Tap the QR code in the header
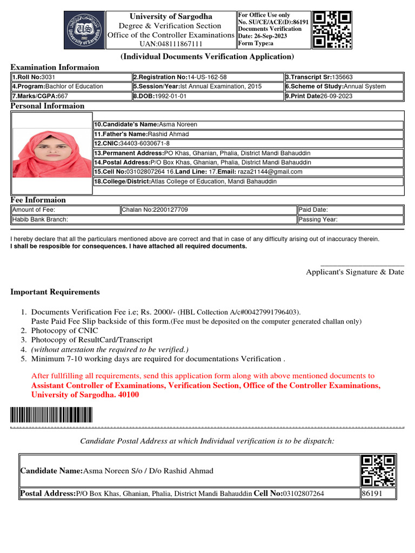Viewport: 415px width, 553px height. (x=332, y=29)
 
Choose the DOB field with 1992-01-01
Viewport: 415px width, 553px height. (x=207, y=96)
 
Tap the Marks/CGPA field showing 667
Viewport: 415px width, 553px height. (x=71, y=96)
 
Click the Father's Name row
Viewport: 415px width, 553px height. (x=248, y=134)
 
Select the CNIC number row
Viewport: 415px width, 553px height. (x=248, y=143)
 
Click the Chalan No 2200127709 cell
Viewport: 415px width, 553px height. (x=208, y=210)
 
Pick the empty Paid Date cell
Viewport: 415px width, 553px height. (x=350, y=210)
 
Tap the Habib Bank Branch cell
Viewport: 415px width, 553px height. (x=153, y=220)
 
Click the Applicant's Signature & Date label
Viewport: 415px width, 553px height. (x=354, y=272)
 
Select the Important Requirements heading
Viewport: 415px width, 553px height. (x=55, y=292)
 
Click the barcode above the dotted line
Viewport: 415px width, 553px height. (x=51, y=415)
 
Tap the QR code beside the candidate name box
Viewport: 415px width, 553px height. (x=378, y=470)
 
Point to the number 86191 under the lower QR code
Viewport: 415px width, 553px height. (x=372, y=494)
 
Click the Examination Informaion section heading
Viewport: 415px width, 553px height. (x=55, y=68)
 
